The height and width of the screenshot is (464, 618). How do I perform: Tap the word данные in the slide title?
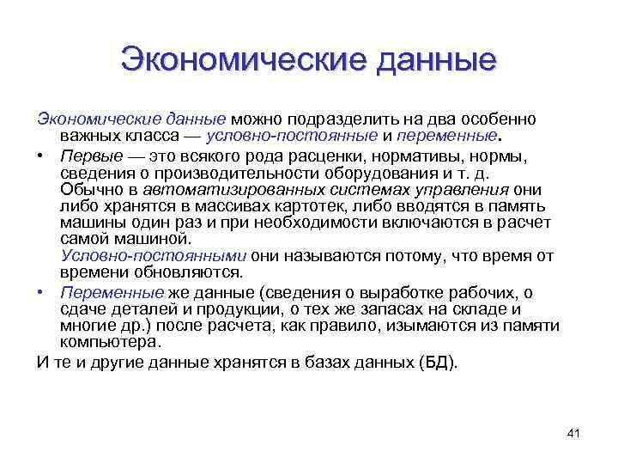point(433,62)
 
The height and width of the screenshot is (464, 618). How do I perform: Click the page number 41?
point(574,433)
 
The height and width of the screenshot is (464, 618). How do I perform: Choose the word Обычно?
point(85,189)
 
